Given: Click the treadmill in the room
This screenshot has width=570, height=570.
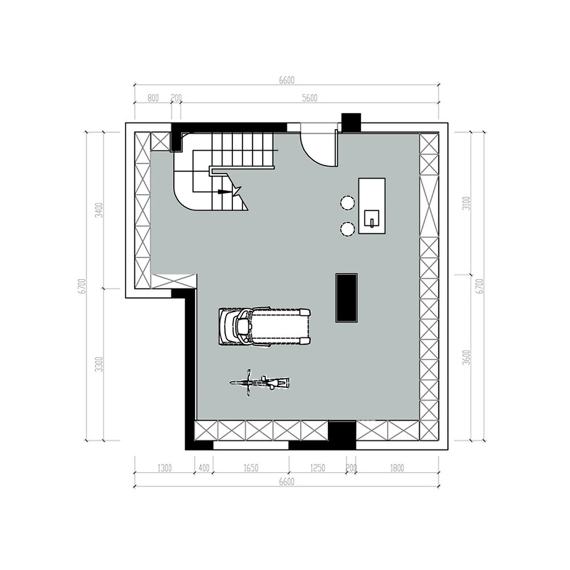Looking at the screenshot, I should point(265,326).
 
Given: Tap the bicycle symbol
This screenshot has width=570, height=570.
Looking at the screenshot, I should point(260,382).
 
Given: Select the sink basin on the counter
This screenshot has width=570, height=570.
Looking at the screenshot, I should point(372,218).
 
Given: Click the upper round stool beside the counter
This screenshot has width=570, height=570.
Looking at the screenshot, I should point(347,202).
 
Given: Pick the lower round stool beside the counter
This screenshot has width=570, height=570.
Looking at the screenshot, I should point(347,229).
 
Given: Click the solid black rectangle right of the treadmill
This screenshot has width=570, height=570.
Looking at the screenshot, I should point(347,298).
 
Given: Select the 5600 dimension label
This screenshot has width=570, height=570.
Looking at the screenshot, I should point(309,98).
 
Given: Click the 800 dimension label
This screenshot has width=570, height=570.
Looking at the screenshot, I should point(153,98).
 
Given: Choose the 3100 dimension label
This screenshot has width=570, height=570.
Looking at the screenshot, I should point(466,203).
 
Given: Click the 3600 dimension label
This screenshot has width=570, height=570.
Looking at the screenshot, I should point(466,357).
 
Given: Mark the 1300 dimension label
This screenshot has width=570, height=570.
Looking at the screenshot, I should point(164,469).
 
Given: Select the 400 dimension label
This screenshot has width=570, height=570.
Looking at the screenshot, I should point(203,469).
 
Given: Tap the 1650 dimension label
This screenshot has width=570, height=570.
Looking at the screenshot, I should point(251,469).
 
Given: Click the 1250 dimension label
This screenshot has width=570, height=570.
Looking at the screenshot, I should point(317,469).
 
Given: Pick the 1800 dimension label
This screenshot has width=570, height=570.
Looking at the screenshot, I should point(397,469).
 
